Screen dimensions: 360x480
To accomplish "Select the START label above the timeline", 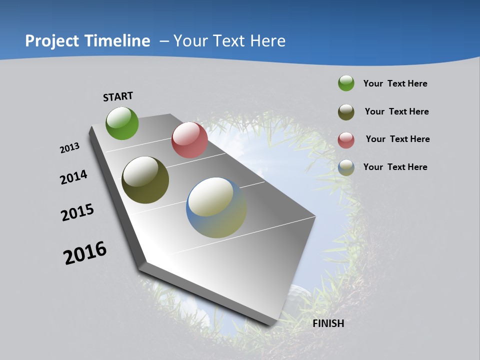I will pos(118,96).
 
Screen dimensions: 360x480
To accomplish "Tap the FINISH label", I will pos(328,323).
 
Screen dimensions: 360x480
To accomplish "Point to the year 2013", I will pos(69,148).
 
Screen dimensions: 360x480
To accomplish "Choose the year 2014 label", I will pos(73,177).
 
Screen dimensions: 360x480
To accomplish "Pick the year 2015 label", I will pos(77,212).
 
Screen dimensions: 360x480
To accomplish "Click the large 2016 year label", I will pos(85,253).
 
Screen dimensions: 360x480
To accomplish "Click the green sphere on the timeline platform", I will pos(122,123).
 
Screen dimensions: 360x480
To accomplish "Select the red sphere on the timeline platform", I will pos(189,140).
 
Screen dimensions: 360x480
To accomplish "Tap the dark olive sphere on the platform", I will pos(145,180).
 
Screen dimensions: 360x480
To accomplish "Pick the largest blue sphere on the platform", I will pos(216,207).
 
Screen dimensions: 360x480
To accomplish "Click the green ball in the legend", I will pos(346,83).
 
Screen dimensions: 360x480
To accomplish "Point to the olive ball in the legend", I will pos(346,112).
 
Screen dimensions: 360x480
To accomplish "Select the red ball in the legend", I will pos(346,140).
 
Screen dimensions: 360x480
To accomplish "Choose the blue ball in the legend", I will pos(346,167).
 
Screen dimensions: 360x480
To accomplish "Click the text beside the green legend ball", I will pos(395,83).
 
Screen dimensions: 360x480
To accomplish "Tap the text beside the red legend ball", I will pos(397,139).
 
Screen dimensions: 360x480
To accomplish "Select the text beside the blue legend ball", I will pos(395,167).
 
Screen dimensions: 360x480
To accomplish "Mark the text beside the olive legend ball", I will pos(396,111).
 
